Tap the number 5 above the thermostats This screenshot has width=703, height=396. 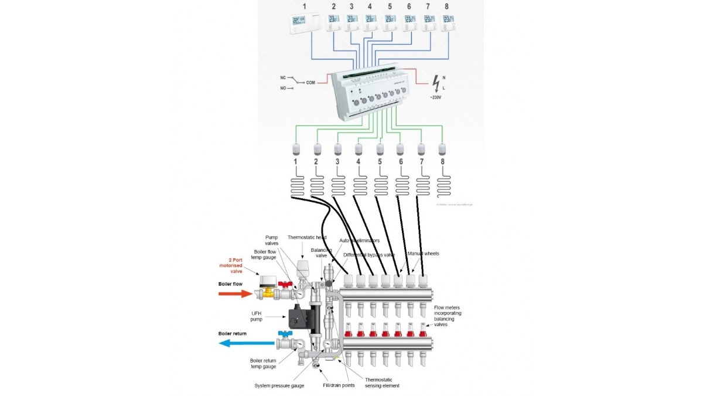pos(389,6)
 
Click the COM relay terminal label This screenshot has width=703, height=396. pos(310,83)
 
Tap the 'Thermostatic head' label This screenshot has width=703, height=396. pos(307,238)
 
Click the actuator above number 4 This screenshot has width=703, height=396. pos(359,148)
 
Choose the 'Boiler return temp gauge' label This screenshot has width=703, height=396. pos(264,363)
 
